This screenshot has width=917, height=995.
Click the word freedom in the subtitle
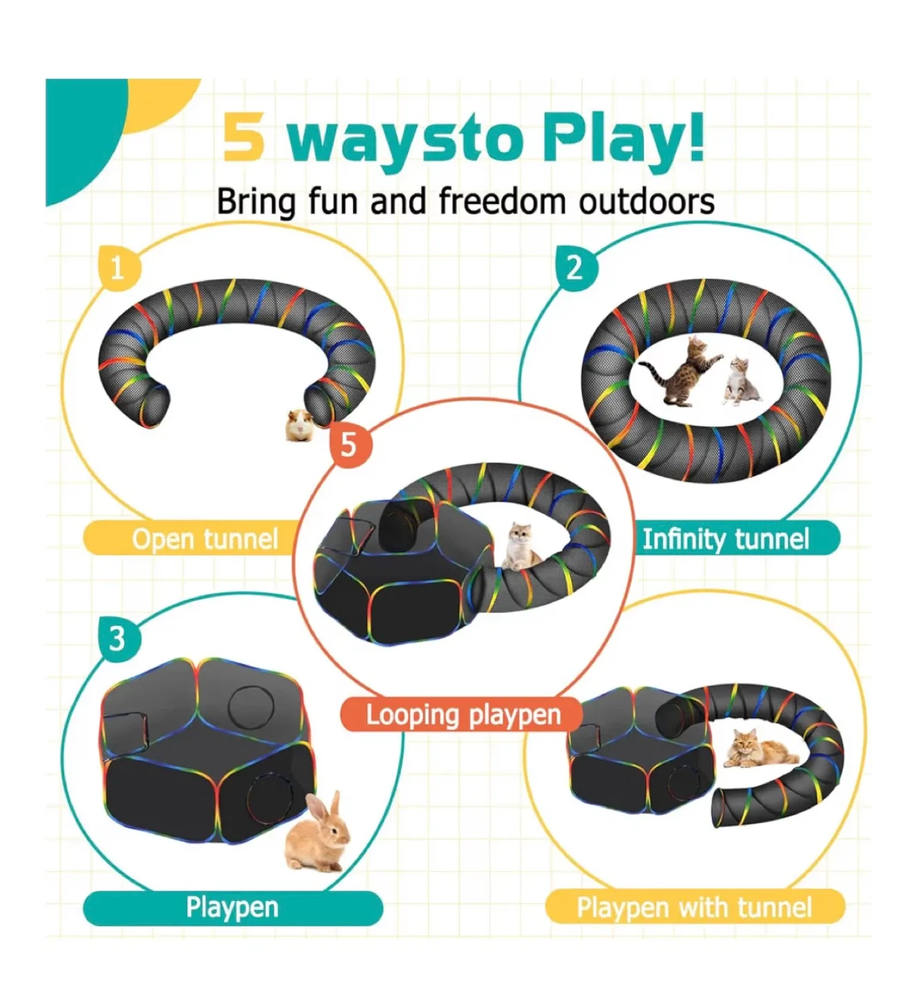[502, 202]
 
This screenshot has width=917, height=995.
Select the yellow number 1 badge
[118, 267]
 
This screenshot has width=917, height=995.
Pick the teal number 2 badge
[575, 267]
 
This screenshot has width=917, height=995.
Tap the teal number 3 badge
[118, 638]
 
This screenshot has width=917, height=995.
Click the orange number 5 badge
[349, 444]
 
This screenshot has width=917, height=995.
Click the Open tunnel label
[205, 539]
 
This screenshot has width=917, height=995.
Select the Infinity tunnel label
[726, 539]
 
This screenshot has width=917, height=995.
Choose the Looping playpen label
[463, 714]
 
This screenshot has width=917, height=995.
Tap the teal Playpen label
[232, 907]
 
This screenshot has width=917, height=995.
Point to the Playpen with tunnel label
[694, 907]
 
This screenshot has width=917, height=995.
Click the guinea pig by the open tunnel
[301, 425]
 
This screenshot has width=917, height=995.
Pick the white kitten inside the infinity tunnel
[739, 380]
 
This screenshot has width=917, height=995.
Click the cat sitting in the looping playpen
[523, 546]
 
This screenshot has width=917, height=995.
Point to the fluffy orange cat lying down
[755, 750]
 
